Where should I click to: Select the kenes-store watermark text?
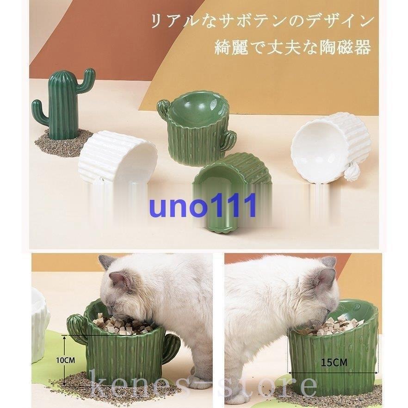[204, 385]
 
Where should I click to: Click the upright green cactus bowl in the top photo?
[196, 131]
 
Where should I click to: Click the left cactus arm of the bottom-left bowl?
[76, 329]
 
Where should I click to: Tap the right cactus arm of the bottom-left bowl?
[171, 347]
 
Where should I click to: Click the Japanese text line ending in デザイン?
[261, 22]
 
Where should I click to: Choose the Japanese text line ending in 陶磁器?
[292, 48]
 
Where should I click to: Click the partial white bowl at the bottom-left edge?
[40, 324]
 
